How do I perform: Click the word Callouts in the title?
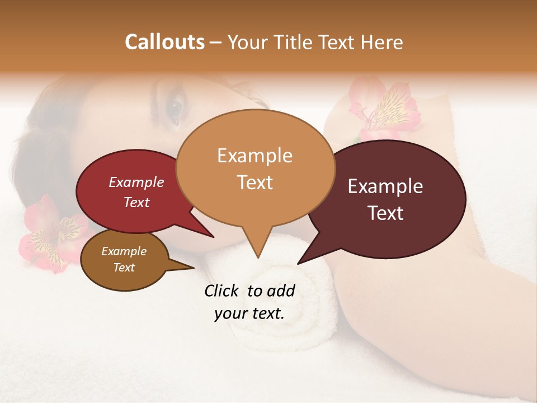click(164, 42)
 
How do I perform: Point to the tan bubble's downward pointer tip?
click(258, 257)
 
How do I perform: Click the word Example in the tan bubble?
click(255, 156)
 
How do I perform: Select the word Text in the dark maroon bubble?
click(385, 213)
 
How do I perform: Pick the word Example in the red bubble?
click(136, 182)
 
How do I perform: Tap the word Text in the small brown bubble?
click(124, 268)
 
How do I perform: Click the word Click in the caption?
click(222, 290)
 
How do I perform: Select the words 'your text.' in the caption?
click(249, 313)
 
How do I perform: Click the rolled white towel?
click(263, 313)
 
